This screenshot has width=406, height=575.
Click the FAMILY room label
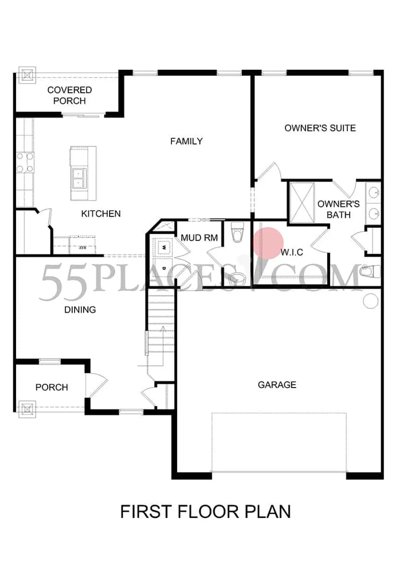(x=186, y=141)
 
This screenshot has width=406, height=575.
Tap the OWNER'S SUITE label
(x=320, y=128)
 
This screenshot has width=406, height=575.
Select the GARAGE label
(x=277, y=385)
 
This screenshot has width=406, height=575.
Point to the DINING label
(x=80, y=310)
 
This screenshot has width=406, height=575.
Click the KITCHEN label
(x=101, y=213)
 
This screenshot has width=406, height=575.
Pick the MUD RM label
(x=199, y=238)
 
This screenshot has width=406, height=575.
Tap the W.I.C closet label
(x=292, y=252)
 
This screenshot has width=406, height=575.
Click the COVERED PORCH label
(x=69, y=95)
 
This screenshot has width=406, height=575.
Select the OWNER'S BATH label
(x=338, y=209)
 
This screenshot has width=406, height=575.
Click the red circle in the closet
(x=268, y=243)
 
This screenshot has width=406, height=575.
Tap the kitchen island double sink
(x=79, y=178)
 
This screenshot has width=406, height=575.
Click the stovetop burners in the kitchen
(x=25, y=162)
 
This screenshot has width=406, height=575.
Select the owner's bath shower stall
(x=302, y=203)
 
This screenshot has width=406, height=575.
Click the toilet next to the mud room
(x=237, y=232)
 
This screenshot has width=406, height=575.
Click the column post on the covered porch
(x=27, y=75)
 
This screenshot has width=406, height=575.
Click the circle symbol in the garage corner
(x=371, y=301)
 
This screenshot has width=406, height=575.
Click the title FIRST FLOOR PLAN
(x=205, y=512)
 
